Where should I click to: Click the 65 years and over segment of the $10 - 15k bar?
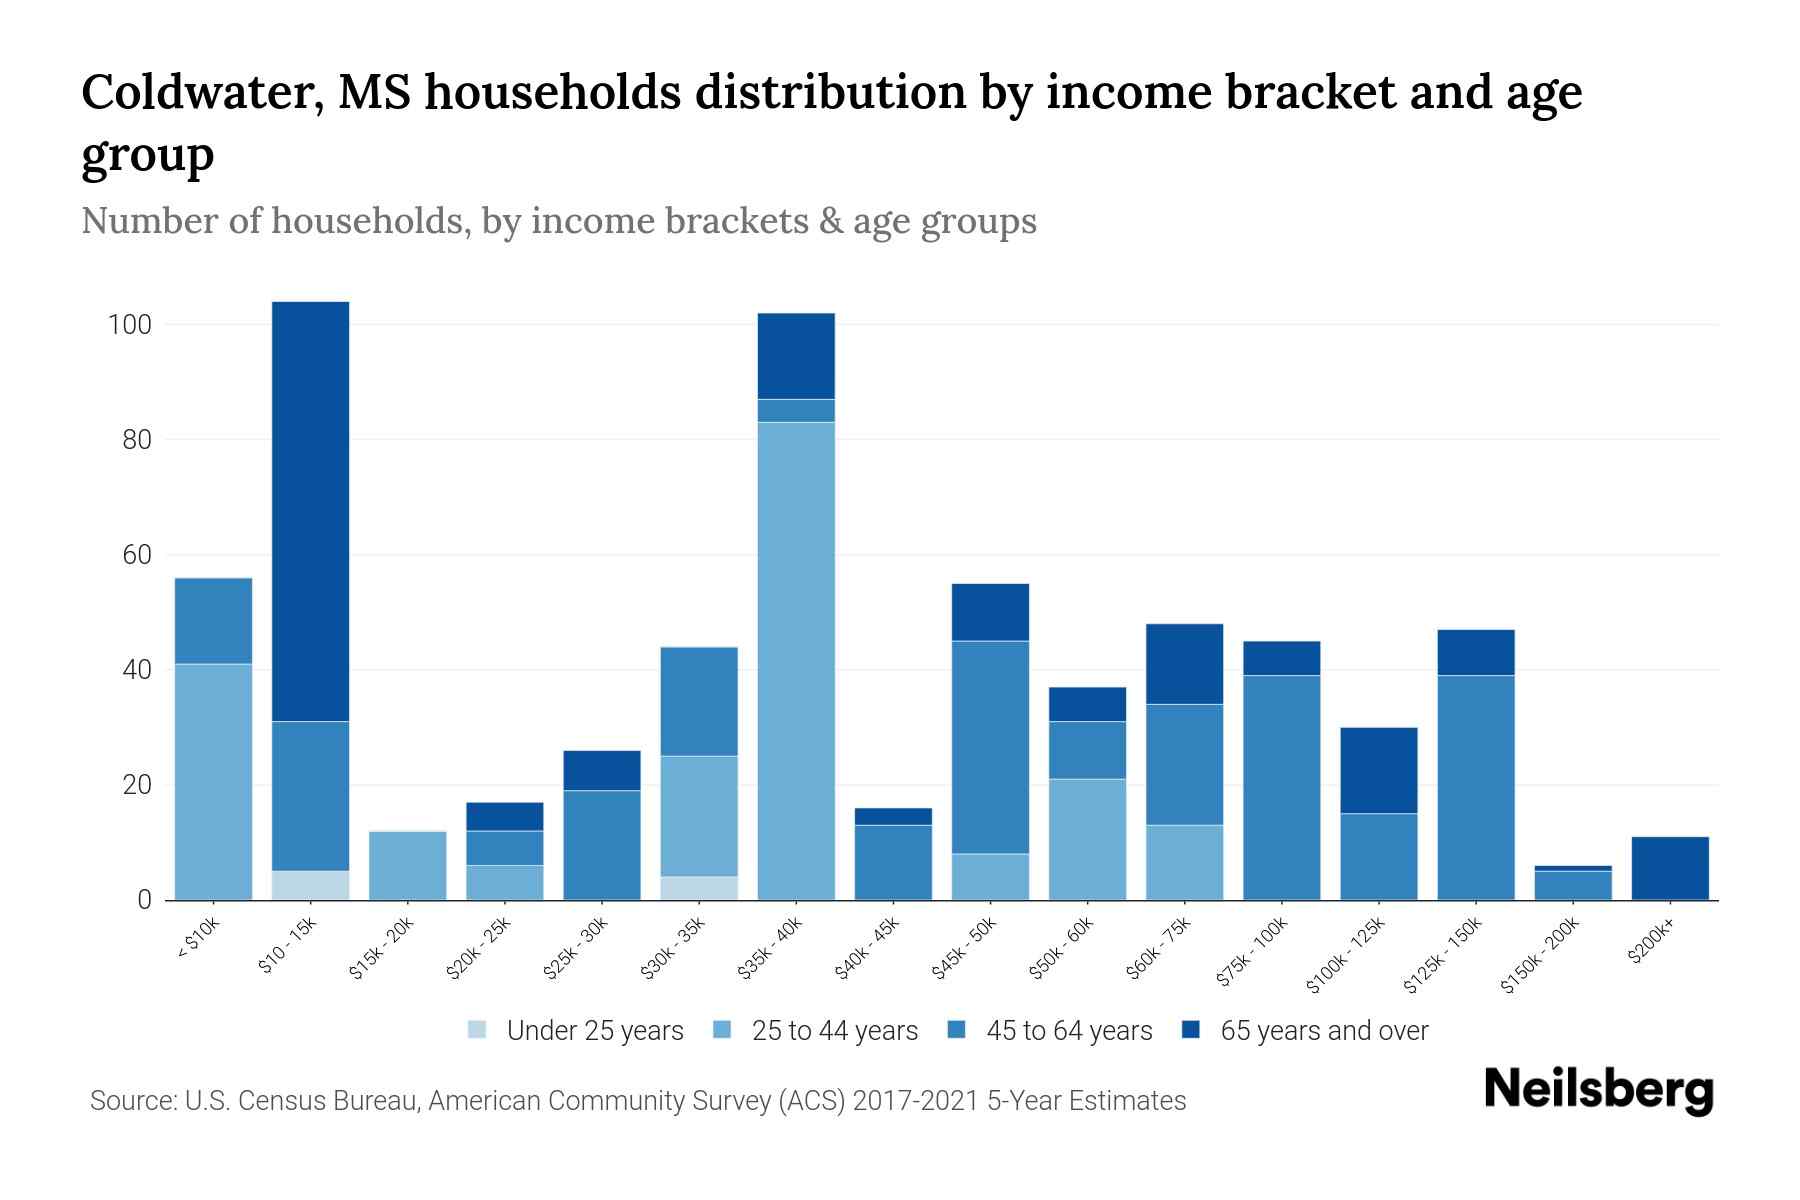pos(310,510)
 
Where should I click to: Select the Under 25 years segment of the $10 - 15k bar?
pos(310,885)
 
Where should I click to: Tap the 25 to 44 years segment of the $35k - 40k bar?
pos(796,660)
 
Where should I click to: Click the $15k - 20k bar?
pos(407,865)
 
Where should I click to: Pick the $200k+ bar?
pos(1670,868)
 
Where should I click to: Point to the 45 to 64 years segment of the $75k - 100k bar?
pos(1281,787)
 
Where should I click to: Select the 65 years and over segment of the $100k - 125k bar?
pos(1378,770)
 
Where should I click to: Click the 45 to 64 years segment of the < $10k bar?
pos(213,620)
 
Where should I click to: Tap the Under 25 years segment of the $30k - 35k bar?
pos(699,888)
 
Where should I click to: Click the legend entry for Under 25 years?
pos(576,1030)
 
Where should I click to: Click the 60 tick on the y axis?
pos(136,555)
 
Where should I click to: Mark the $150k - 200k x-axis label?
pos(1541,956)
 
